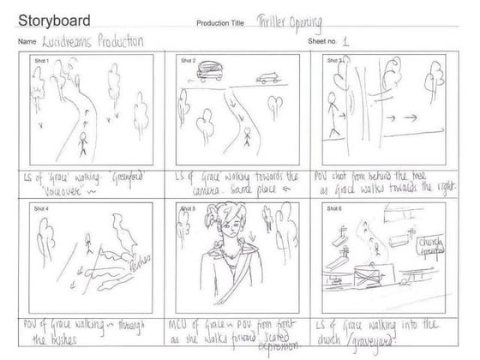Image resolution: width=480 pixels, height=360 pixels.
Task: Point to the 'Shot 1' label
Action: click(x=39, y=61)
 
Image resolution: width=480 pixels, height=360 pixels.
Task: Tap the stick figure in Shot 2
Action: click(x=246, y=137)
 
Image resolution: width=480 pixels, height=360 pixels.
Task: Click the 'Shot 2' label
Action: click(x=189, y=61)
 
